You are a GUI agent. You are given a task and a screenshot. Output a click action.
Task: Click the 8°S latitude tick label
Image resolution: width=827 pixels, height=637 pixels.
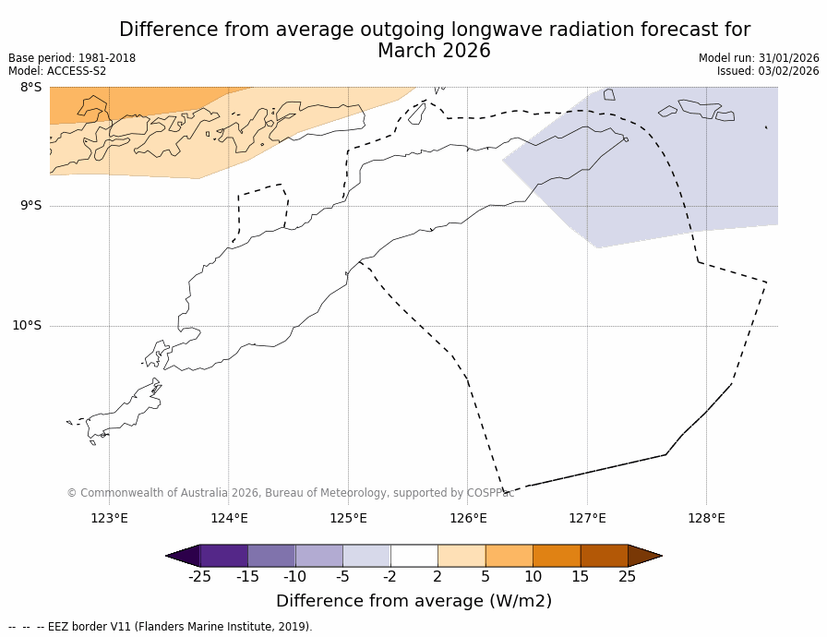click(30, 88)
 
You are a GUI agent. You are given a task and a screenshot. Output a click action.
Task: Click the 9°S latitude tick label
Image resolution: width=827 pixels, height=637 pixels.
click(30, 206)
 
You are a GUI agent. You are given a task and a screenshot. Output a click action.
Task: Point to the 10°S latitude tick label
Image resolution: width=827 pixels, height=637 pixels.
click(27, 326)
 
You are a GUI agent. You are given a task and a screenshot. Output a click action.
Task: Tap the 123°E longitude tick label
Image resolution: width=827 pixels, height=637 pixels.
click(109, 518)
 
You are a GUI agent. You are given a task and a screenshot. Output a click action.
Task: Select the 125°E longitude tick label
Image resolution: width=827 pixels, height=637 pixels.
click(348, 518)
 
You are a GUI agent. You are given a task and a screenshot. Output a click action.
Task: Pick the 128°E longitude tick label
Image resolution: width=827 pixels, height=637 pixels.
click(706, 518)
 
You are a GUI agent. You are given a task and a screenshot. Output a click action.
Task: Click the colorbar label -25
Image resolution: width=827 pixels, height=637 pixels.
click(199, 577)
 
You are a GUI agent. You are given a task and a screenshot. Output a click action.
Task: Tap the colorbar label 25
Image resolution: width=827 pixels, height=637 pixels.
click(628, 577)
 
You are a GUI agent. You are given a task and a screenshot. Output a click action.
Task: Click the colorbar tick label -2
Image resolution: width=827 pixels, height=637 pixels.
click(390, 577)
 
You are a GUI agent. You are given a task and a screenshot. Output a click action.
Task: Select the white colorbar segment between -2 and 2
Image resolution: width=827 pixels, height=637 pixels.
click(413, 556)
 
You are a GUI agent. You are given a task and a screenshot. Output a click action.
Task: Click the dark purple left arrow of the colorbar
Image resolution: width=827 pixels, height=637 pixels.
click(183, 556)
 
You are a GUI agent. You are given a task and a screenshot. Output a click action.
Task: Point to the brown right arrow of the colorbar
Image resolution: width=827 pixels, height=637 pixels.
click(644, 556)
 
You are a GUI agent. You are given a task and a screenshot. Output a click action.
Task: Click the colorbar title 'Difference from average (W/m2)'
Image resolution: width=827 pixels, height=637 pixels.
click(413, 601)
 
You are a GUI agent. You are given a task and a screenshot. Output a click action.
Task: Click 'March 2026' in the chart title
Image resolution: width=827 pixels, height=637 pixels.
click(434, 52)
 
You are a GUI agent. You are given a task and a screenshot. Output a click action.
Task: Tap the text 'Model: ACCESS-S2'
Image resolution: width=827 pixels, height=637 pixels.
click(57, 71)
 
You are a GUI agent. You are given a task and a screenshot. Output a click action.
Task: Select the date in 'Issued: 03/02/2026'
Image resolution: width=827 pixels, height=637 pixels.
click(788, 71)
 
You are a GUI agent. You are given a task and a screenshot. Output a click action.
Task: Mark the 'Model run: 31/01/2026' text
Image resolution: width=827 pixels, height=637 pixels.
click(759, 58)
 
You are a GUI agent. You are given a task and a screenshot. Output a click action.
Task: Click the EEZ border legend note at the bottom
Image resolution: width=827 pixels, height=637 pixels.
click(161, 627)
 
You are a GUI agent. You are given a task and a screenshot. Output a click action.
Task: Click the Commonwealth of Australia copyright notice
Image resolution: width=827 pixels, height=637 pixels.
click(290, 493)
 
